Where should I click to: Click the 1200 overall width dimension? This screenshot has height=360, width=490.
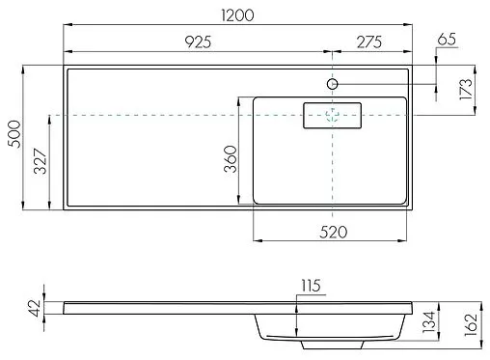click(238, 17)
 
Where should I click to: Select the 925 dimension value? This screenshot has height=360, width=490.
click(196, 41)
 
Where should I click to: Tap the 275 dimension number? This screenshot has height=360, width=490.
click(370, 41)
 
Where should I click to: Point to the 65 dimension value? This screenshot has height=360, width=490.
click(446, 39)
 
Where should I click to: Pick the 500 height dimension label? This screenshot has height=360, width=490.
click(14, 136)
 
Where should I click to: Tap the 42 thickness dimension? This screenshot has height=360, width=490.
click(36, 308)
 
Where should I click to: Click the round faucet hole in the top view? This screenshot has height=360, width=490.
click(333, 84)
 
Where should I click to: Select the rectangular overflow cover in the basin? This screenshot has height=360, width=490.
click(332, 115)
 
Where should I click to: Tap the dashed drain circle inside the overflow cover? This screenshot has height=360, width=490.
click(333, 115)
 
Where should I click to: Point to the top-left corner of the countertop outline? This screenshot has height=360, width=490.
click(64, 67)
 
